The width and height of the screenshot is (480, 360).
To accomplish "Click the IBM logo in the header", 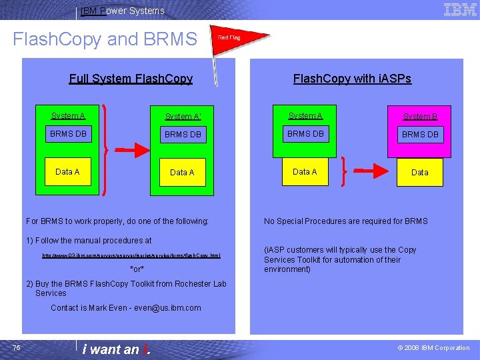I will (x=460, y=9).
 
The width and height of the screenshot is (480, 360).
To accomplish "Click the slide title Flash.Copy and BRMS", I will (x=105, y=39).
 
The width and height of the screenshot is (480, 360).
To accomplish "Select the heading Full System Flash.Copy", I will (x=131, y=79).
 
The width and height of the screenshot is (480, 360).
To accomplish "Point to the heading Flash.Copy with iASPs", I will (x=352, y=79).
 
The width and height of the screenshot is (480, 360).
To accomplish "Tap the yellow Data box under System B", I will (x=420, y=172).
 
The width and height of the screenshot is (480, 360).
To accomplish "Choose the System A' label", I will (x=183, y=117).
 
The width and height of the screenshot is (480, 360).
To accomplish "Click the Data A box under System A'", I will (x=182, y=172).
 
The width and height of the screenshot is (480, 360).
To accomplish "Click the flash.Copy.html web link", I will (x=131, y=255).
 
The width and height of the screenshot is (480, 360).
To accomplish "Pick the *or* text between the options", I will (x=137, y=269).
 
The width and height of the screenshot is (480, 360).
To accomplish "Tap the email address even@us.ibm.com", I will (x=167, y=308).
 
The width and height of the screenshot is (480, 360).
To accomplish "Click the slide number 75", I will (x=17, y=347).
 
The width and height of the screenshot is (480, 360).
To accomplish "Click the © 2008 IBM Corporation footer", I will (x=433, y=348).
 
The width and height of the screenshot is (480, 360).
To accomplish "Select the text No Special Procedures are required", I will (x=346, y=221).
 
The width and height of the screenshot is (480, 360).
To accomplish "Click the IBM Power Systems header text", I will (x=122, y=11).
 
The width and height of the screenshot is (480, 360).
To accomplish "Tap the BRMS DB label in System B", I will (x=420, y=135).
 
